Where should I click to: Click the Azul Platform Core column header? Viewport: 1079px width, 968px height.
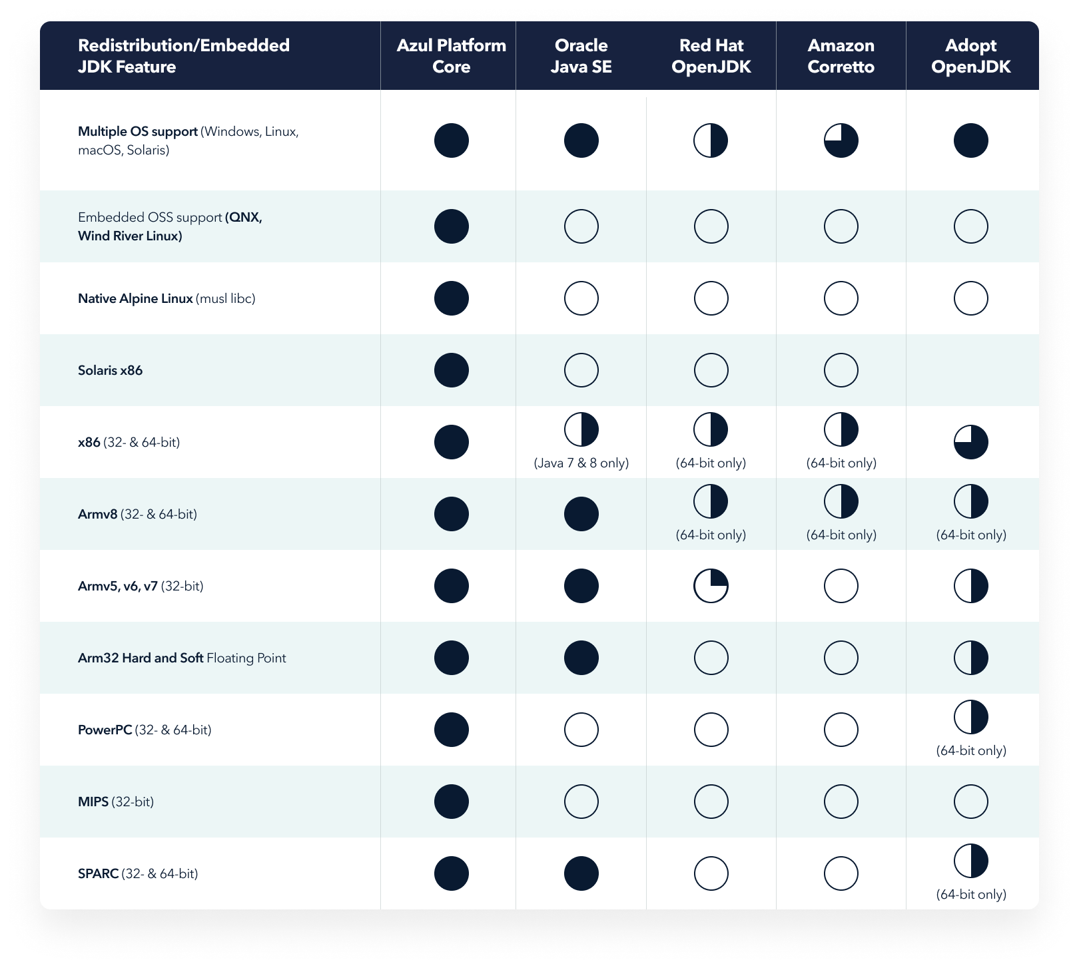pos(451,56)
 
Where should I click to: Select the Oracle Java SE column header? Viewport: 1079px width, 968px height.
pos(581,56)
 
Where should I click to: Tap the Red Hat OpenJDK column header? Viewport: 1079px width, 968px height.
pos(711,56)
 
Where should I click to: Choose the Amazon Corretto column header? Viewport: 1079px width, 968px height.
pos(841,56)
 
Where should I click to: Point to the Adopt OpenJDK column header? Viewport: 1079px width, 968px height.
pos(970,56)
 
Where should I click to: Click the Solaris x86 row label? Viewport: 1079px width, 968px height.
pos(110,370)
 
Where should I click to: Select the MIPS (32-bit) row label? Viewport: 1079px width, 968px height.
pos(116,802)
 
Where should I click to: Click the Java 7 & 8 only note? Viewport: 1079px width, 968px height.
pos(581,463)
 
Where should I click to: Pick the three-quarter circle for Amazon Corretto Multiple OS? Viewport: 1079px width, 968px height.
pos(841,140)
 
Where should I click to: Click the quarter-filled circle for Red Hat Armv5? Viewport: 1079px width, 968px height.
pos(711,586)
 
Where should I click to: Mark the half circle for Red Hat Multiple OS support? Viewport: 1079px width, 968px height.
pos(711,140)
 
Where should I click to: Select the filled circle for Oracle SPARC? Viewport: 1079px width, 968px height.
pos(581,873)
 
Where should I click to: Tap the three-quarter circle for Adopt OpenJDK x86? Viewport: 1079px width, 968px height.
pos(970,442)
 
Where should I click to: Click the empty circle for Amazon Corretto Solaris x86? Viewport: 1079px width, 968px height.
pos(841,370)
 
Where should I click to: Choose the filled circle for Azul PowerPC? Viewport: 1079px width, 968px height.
pos(451,730)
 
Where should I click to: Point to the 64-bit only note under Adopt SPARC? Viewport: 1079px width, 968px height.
pos(970,894)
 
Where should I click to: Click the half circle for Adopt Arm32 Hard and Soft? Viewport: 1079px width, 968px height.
pos(970,658)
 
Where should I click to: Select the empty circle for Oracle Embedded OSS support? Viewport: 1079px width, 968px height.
pos(581,226)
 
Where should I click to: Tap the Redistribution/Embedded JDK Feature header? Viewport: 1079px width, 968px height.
pos(184,56)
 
